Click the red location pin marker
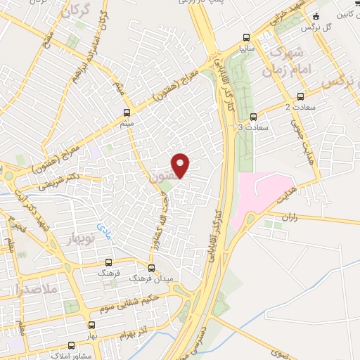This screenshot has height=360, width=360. click(181, 165)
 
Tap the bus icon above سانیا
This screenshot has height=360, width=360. click(245, 38)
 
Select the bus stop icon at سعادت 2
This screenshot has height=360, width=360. click(301, 96)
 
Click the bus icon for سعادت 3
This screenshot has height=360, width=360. click(253, 117)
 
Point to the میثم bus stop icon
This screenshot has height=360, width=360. click(127, 112)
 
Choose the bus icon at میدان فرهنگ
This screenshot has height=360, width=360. click(151, 268)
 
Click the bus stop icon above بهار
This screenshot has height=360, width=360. click(91, 325)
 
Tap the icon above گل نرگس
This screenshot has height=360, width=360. click(316, 16)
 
